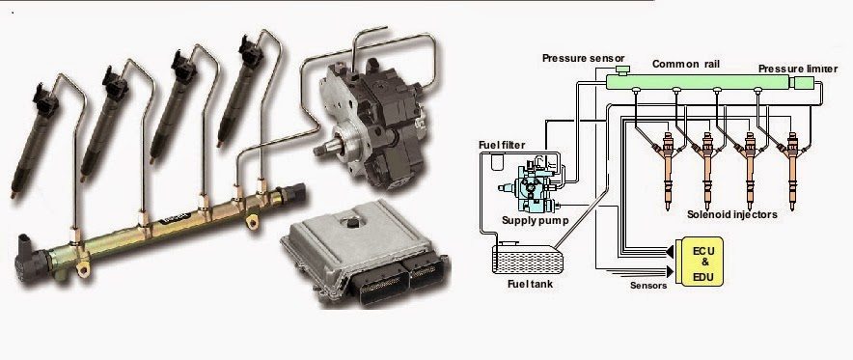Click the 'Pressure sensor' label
583,58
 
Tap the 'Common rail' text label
685,64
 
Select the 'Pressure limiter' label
798,69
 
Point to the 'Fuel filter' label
502,145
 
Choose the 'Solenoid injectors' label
731,214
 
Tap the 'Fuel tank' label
530,284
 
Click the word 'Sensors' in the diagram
648,285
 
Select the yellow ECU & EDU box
699,262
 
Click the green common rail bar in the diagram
697,82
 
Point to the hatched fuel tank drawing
526,259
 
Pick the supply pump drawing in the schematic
530,186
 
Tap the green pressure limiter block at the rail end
804,83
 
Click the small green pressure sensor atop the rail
621,70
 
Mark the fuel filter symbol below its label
498,160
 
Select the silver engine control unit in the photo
366,251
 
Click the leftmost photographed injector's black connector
45,100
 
